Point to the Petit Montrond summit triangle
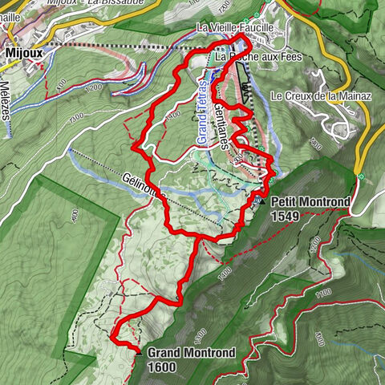coord(262,201)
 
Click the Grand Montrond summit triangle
coord(138,352)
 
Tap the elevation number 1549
coord(286,216)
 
